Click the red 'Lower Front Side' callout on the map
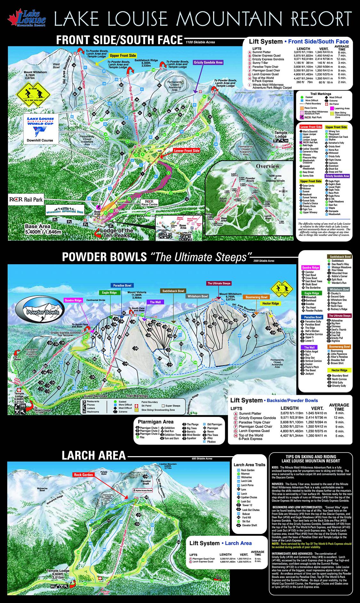point(187,150)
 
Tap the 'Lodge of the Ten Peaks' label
point(117,233)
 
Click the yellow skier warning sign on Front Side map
point(31,94)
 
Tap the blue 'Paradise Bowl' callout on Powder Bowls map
point(122,285)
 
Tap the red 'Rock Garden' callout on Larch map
point(84,475)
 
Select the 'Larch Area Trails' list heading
point(249,464)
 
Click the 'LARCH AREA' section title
point(93,455)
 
